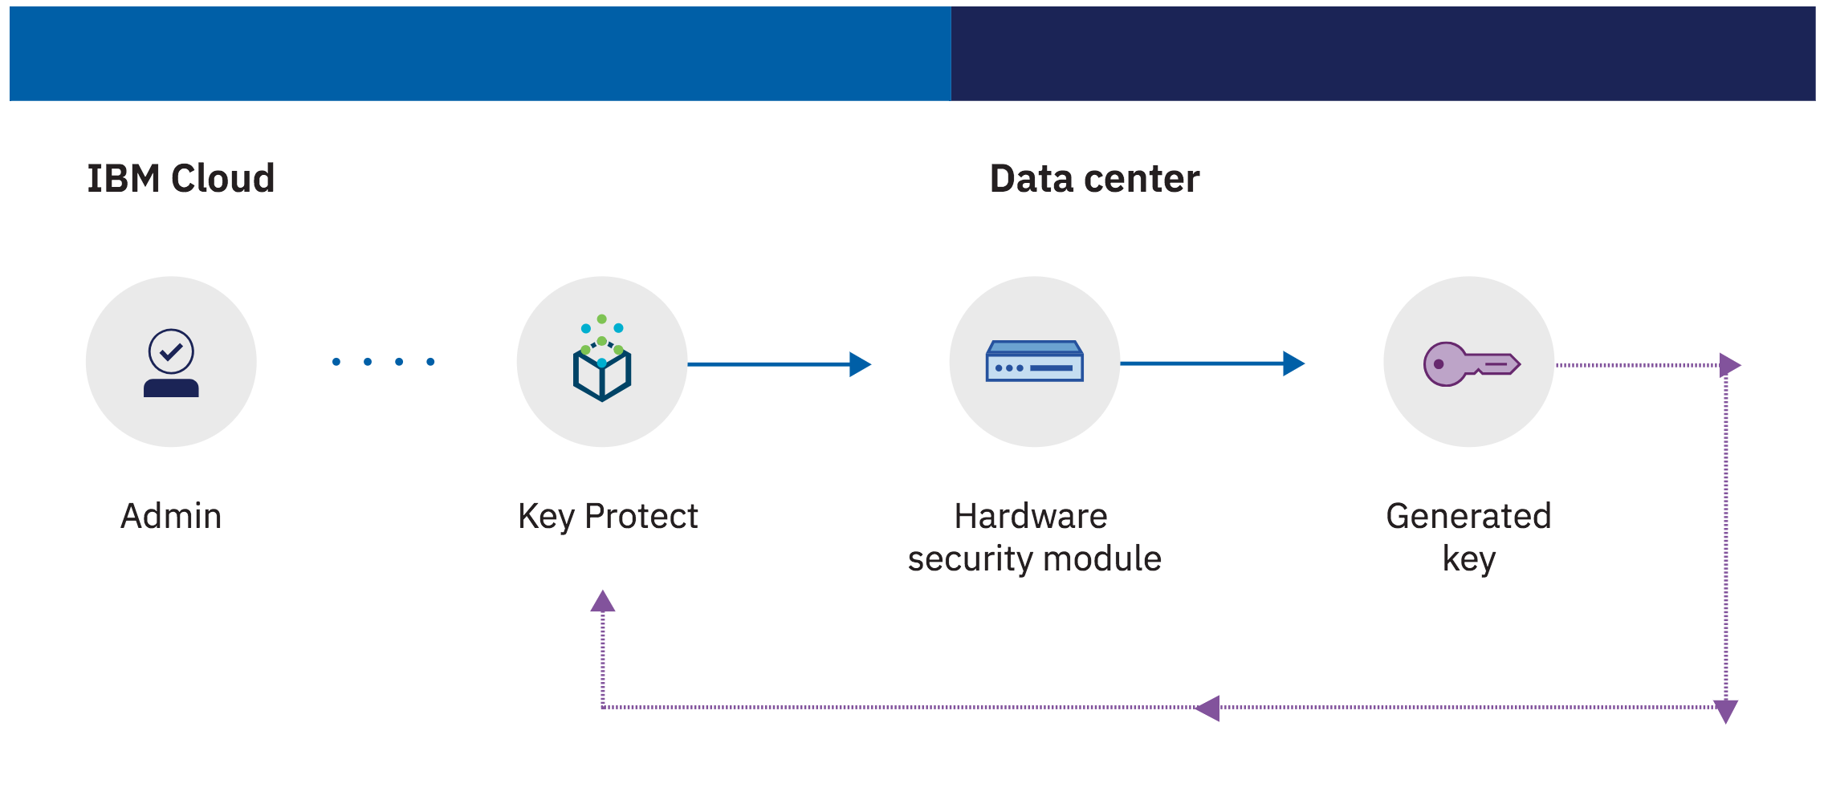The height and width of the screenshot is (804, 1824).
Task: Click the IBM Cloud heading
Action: point(181,178)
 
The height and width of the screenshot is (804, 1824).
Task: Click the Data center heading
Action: point(1094,178)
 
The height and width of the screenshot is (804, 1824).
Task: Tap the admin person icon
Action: point(171,363)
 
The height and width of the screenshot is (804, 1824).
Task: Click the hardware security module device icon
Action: point(1034,362)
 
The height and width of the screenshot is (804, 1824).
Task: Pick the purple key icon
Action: point(1470,363)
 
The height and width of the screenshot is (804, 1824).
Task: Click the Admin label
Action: point(171,516)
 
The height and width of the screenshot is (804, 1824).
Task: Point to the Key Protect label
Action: point(608,516)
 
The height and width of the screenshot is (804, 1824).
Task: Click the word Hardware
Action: point(1030,516)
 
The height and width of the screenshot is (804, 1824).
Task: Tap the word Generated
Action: point(1468,516)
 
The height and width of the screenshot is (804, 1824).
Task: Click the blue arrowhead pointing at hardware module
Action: point(860,364)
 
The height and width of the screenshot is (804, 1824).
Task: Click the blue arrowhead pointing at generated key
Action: point(1293,363)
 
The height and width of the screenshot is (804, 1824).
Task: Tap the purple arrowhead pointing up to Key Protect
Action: point(603,602)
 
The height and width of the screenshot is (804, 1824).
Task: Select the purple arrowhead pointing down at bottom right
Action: point(1726,711)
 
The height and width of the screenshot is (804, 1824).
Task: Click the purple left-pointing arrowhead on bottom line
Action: point(1207,708)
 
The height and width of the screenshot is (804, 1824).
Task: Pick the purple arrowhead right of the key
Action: point(1729,365)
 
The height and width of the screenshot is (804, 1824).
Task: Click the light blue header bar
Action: point(480,54)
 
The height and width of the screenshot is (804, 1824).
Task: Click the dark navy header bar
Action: point(1382,54)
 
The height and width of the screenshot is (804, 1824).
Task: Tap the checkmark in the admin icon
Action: point(171,351)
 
